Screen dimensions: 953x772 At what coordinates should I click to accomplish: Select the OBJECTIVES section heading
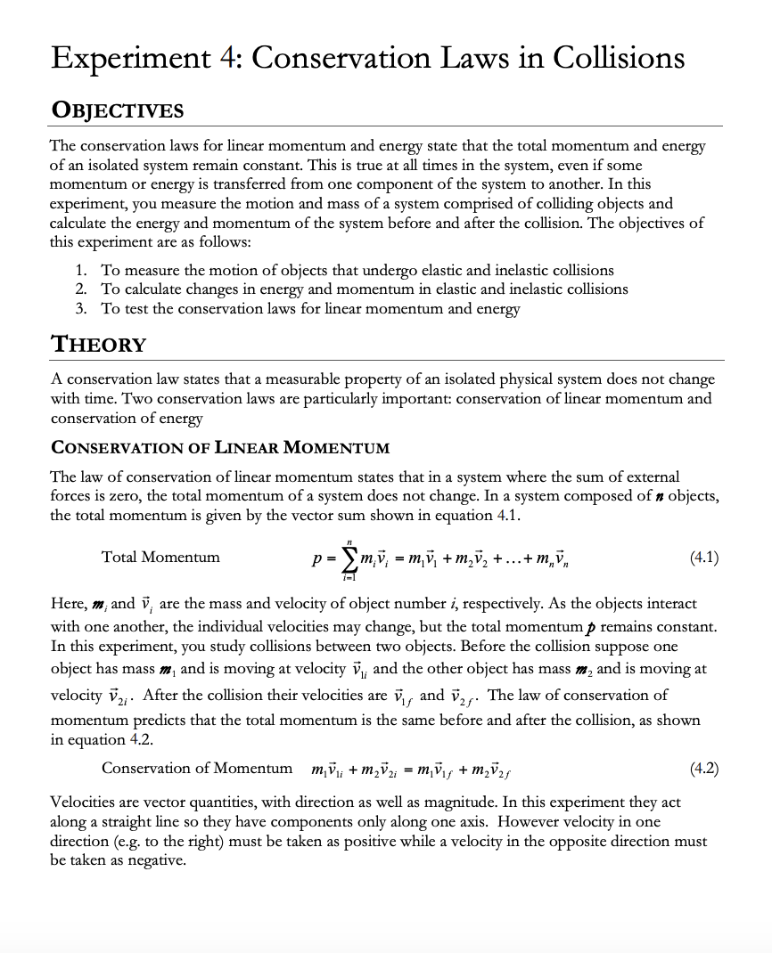(117, 110)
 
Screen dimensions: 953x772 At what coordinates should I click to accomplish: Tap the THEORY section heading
(98, 344)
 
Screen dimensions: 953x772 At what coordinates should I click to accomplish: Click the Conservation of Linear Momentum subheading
(220, 447)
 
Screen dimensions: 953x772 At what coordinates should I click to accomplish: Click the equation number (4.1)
(704, 558)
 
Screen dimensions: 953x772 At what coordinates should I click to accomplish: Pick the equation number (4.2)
(704, 768)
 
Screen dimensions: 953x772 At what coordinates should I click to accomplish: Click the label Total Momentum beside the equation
(160, 558)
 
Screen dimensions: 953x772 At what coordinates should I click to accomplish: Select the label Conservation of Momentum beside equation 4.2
(197, 768)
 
